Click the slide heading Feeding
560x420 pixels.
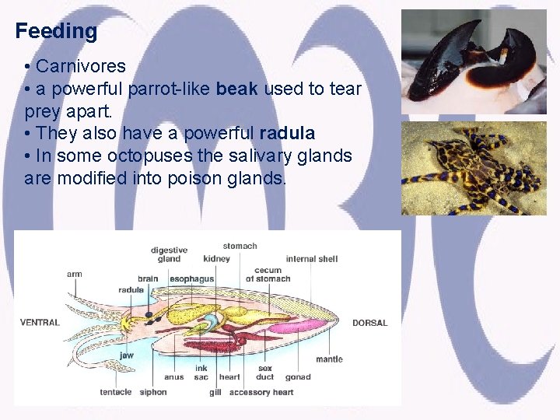[x=56, y=32]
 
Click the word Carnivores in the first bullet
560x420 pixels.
[x=80, y=66]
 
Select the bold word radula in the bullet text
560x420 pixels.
[x=286, y=134]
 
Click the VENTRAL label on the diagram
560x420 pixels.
[x=40, y=323]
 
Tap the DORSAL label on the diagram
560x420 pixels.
[x=369, y=323]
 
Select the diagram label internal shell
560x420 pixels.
[x=311, y=259]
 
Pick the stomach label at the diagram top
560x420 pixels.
[x=240, y=246]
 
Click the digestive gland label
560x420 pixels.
[x=169, y=254]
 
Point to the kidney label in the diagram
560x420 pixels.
[x=216, y=259]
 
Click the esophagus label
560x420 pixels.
[x=191, y=278]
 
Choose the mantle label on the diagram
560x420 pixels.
[x=329, y=359]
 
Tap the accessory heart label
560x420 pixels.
[x=261, y=392]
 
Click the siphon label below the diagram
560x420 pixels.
[x=153, y=392]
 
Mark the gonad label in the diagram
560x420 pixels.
[x=297, y=377]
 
